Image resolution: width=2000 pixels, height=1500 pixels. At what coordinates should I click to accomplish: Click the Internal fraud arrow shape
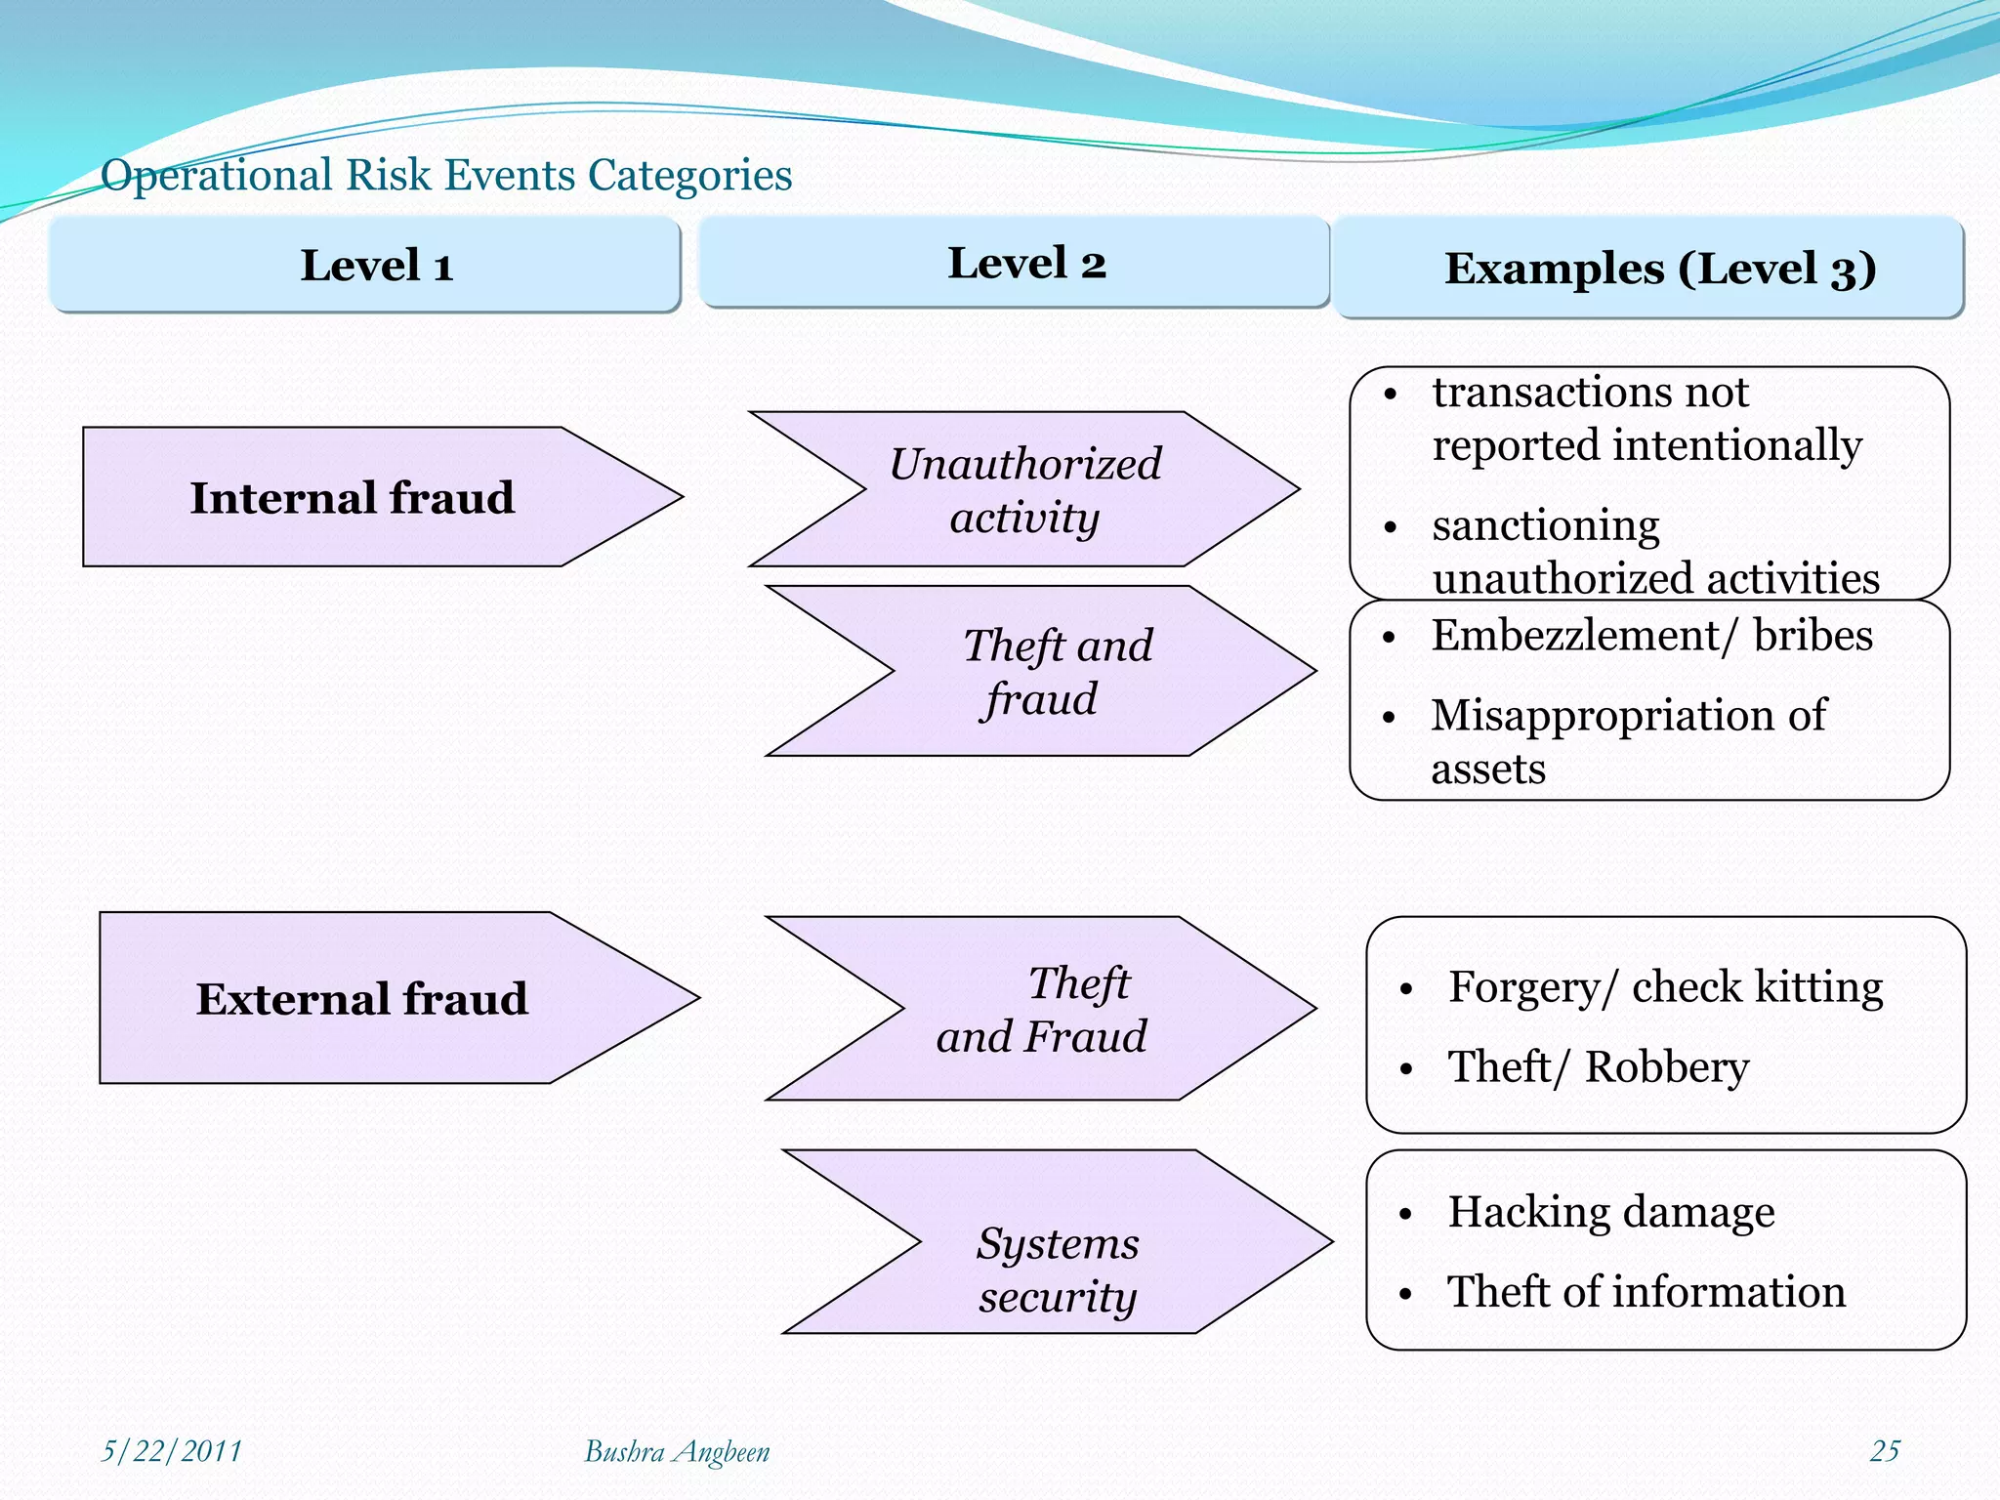coord(352,497)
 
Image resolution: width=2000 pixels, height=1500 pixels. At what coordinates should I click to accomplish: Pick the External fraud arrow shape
coord(361,998)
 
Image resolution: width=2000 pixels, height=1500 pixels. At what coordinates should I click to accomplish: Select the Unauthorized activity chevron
coord(1025,490)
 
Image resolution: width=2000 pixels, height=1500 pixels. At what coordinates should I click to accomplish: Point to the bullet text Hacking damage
coord(1610,1212)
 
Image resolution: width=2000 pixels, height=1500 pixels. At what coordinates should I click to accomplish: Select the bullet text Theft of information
coord(1646,1292)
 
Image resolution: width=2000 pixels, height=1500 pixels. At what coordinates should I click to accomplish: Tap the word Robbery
coord(1666,1066)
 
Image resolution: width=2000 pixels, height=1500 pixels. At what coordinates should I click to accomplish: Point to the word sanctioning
coord(1545,526)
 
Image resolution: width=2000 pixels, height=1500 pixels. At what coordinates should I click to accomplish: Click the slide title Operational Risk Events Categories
coord(446,176)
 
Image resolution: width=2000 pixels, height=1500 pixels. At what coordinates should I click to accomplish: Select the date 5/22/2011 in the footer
coord(172,1451)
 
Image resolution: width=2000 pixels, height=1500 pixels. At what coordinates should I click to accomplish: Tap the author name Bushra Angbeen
coord(676,1452)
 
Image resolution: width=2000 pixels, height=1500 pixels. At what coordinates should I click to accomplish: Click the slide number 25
coord(1884,1451)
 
